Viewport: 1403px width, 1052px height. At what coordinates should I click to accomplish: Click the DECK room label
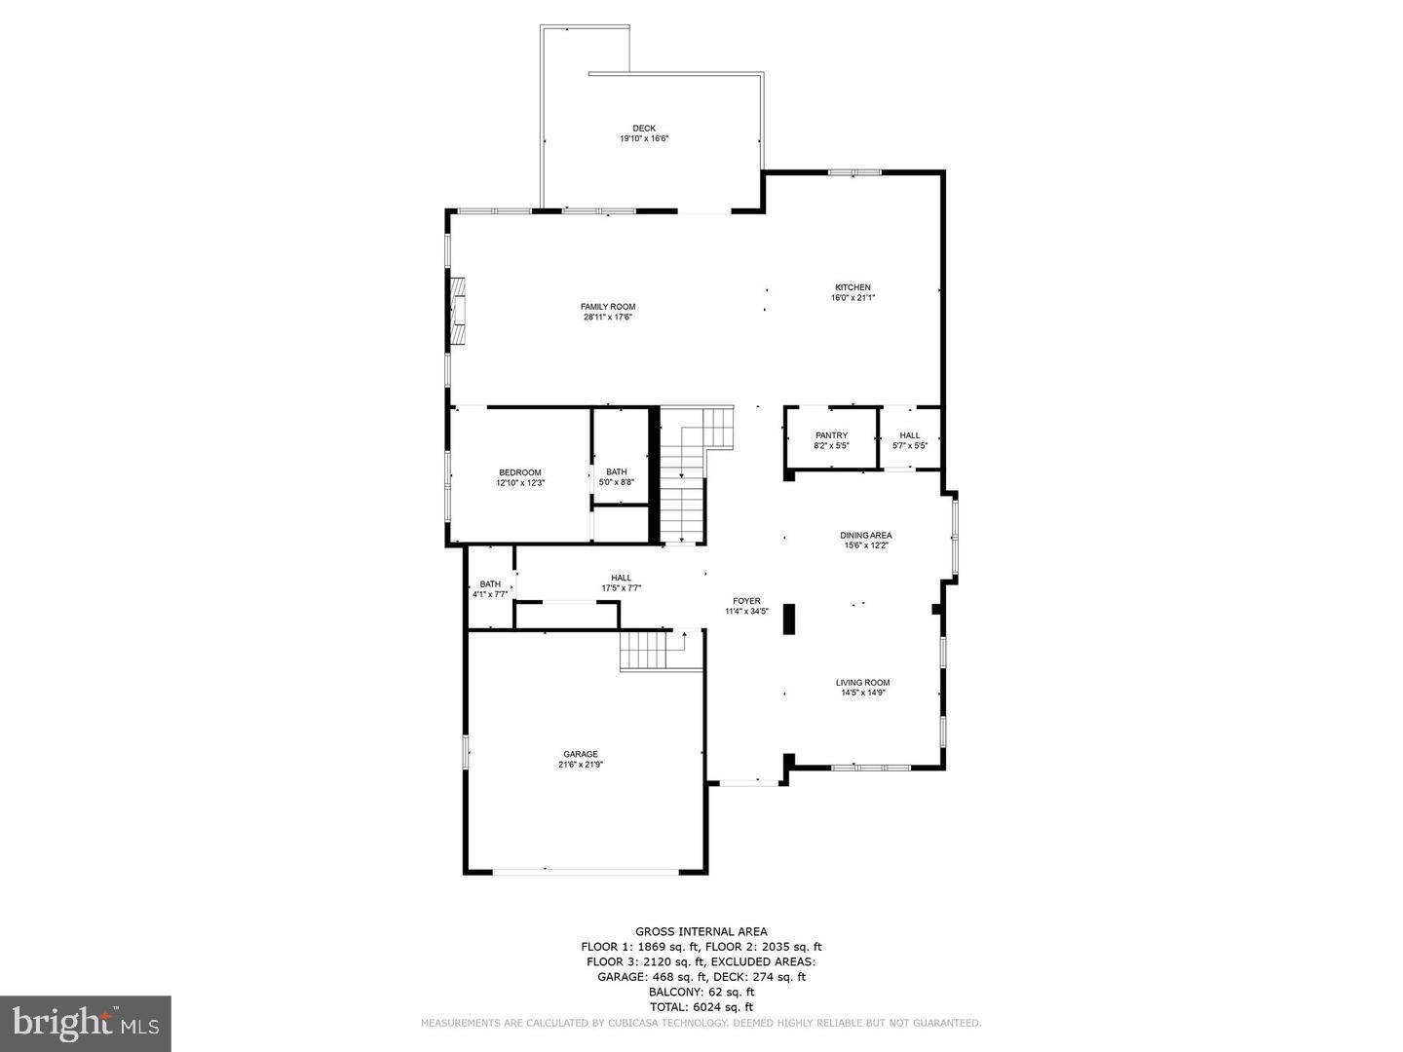click(x=643, y=128)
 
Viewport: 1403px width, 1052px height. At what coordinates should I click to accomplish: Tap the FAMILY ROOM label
click(x=608, y=307)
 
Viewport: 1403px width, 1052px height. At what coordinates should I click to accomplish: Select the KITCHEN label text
click(x=852, y=287)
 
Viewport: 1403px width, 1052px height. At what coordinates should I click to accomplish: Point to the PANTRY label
click(x=831, y=435)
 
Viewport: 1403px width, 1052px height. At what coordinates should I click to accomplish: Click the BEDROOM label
click(x=519, y=472)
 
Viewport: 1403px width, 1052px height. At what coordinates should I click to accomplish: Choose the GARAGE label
click(x=580, y=754)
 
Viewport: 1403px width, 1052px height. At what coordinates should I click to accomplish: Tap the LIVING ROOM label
click(x=862, y=683)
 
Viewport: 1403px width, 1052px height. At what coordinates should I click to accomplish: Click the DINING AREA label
click(x=865, y=535)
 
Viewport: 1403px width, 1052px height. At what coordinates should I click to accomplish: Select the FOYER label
click(x=746, y=601)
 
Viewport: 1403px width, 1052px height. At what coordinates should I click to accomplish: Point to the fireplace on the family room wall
click(x=458, y=311)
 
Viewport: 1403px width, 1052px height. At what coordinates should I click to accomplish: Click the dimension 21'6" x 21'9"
click(x=580, y=766)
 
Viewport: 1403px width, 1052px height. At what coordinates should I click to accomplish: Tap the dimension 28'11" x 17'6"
click(x=608, y=318)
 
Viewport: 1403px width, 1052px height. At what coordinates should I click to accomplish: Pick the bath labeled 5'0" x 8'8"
click(x=617, y=476)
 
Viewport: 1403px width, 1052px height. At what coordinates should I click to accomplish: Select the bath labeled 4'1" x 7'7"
click(x=489, y=588)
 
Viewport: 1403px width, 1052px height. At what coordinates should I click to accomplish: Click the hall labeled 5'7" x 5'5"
click(x=909, y=440)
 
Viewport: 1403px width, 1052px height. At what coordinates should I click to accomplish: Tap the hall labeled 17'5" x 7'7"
click(x=621, y=582)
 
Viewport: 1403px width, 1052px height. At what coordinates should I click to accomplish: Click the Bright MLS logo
click(x=86, y=1023)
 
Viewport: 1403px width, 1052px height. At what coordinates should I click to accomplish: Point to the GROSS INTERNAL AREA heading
click(x=701, y=931)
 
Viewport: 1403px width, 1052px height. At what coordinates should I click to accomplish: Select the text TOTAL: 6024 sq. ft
click(x=701, y=1007)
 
